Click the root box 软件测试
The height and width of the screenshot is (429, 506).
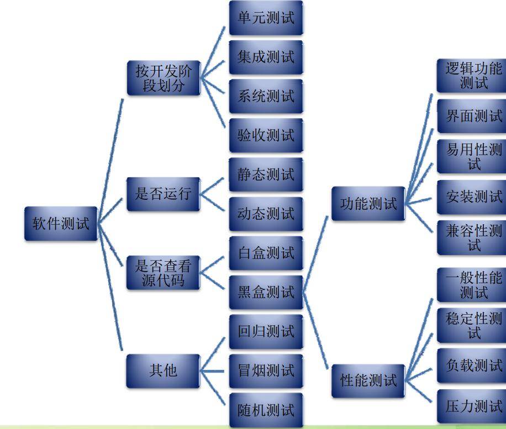coord(57,225)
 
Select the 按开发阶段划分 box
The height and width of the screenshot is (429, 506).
coord(164,78)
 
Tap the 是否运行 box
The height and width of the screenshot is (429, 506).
coord(162,194)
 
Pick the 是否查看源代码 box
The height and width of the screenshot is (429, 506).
coord(162,273)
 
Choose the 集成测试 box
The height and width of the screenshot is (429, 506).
coord(266,57)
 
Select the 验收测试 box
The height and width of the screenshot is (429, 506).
coord(266,135)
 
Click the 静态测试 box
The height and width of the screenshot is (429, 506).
coord(266,174)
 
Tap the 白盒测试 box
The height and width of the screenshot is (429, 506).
coord(266,253)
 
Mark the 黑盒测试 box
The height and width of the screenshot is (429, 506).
coord(266,293)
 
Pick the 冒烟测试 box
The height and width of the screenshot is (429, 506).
coord(266,370)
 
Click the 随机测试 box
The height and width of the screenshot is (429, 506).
coord(266,410)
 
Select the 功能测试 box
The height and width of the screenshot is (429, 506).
coord(368,204)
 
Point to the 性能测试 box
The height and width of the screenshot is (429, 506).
coord(368,380)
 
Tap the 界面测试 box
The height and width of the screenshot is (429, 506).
coord(473,116)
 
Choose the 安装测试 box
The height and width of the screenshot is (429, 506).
coord(473,196)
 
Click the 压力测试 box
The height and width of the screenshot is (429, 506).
coord(473,407)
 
